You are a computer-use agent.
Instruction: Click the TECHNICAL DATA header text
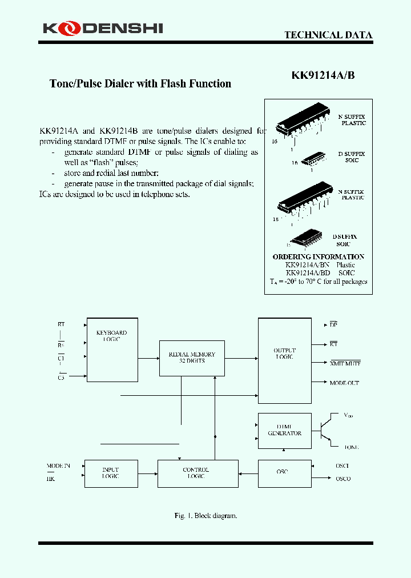pyautogui.click(x=328, y=35)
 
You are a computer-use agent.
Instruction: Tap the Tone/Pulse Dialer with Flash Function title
pyautogui.click(x=140, y=84)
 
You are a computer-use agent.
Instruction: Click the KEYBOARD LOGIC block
pyautogui.click(x=112, y=350)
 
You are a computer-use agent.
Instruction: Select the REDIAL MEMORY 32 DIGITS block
pyautogui.click(x=191, y=358)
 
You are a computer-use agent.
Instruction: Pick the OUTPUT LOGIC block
pyautogui.click(x=284, y=361)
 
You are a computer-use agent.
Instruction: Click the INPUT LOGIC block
pyautogui.click(x=111, y=473)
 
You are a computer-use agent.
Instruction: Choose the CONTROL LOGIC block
pyautogui.click(x=198, y=473)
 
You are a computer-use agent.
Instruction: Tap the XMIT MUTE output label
pyautogui.click(x=345, y=364)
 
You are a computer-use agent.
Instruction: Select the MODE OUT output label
pyautogui.click(x=344, y=383)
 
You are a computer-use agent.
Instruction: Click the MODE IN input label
pyautogui.click(x=58, y=466)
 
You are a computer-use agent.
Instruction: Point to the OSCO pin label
pyautogui.click(x=343, y=479)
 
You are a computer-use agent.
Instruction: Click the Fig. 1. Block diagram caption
pyautogui.click(x=205, y=516)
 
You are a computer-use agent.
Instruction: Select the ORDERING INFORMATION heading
pyautogui.click(x=318, y=257)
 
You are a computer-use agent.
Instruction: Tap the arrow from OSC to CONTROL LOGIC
pyautogui.click(x=248, y=473)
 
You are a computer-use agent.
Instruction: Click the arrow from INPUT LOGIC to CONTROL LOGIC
pyautogui.click(x=148, y=473)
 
